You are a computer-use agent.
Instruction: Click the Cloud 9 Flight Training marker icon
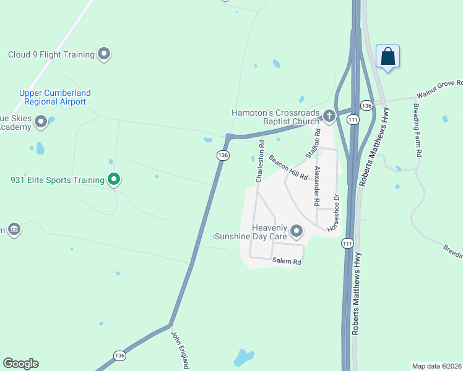104,54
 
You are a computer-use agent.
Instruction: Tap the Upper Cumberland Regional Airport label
55,97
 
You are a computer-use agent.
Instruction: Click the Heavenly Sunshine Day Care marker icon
296,232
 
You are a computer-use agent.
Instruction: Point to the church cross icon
329,115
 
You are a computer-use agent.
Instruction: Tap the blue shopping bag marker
387,57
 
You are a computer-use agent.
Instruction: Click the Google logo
20,364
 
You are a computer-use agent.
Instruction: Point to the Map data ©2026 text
437,365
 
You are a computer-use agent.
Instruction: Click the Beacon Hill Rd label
288,168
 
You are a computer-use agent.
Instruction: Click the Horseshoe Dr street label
334,213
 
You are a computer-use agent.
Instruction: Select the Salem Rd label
287,262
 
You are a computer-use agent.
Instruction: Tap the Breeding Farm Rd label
418,129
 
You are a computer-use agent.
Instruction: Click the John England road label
179,349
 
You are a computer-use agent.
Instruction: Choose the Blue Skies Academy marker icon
41,121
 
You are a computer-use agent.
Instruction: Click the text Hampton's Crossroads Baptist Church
277,117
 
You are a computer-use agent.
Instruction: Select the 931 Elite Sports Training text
58,181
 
